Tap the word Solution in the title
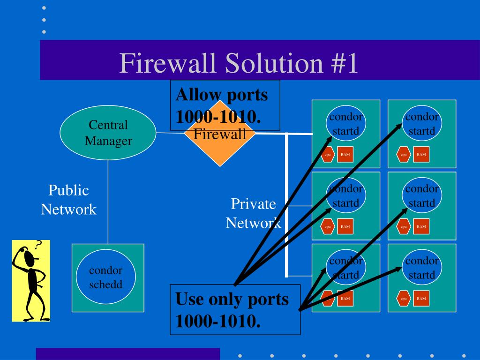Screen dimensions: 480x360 click(274, 63)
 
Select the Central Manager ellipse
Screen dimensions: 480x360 click(108, 133)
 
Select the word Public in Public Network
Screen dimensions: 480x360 click(68, 190)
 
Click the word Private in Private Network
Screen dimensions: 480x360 click(254, 204)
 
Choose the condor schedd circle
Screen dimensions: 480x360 click(105, 277)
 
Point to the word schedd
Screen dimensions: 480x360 click(105, 285)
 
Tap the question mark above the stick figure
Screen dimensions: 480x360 click(38, 245)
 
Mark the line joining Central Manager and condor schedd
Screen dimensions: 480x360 click(108, 202)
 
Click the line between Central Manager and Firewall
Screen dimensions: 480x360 click(170, 133)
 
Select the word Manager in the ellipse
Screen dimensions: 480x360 click(108, 141)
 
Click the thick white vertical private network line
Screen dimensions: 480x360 click(286, 205)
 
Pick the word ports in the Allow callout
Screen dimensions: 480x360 click(247, 95)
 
